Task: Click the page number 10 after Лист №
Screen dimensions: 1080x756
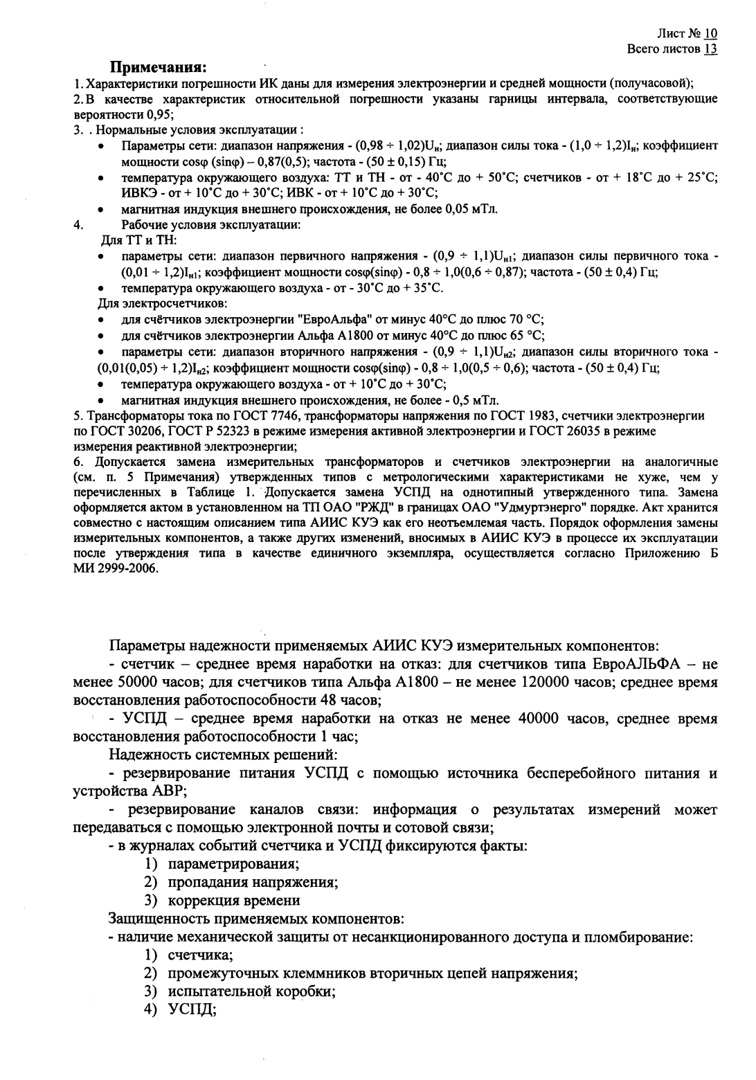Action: point(711,33)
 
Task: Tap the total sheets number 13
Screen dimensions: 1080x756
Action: point(711,48)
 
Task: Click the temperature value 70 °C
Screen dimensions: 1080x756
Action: point(526,319)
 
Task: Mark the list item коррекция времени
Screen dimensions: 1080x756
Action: point(234,901)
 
